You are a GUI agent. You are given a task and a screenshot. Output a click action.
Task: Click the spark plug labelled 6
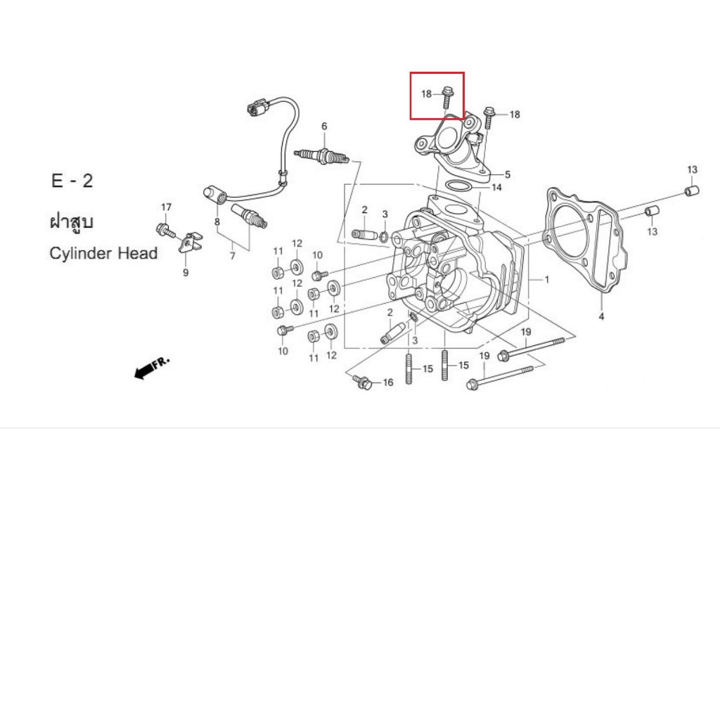321,156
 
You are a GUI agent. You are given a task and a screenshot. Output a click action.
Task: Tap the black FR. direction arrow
145,370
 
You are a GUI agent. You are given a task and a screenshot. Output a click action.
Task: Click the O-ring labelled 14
458,187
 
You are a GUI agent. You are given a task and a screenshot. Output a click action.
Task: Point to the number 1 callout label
547,279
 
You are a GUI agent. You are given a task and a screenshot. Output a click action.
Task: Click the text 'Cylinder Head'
103,253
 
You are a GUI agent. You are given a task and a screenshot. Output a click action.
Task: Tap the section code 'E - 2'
72,181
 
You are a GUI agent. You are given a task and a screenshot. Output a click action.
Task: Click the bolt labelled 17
165,230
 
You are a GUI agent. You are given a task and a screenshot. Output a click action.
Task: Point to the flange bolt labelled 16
362,382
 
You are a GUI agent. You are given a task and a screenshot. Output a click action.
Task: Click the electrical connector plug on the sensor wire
256,108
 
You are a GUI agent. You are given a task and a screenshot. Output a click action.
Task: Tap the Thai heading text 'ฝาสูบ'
72,221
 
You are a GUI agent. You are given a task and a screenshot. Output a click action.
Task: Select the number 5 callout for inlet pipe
508,174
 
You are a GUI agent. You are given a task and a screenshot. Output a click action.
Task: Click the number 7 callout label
232,256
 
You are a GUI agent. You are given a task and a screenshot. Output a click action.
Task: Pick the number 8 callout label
217,222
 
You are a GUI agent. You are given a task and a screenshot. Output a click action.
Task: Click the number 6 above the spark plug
324,127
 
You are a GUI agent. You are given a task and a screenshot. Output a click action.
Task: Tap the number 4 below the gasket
601,316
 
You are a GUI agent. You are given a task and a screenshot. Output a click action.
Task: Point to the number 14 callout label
496,187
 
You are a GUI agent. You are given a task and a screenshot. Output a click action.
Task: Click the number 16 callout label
388,382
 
